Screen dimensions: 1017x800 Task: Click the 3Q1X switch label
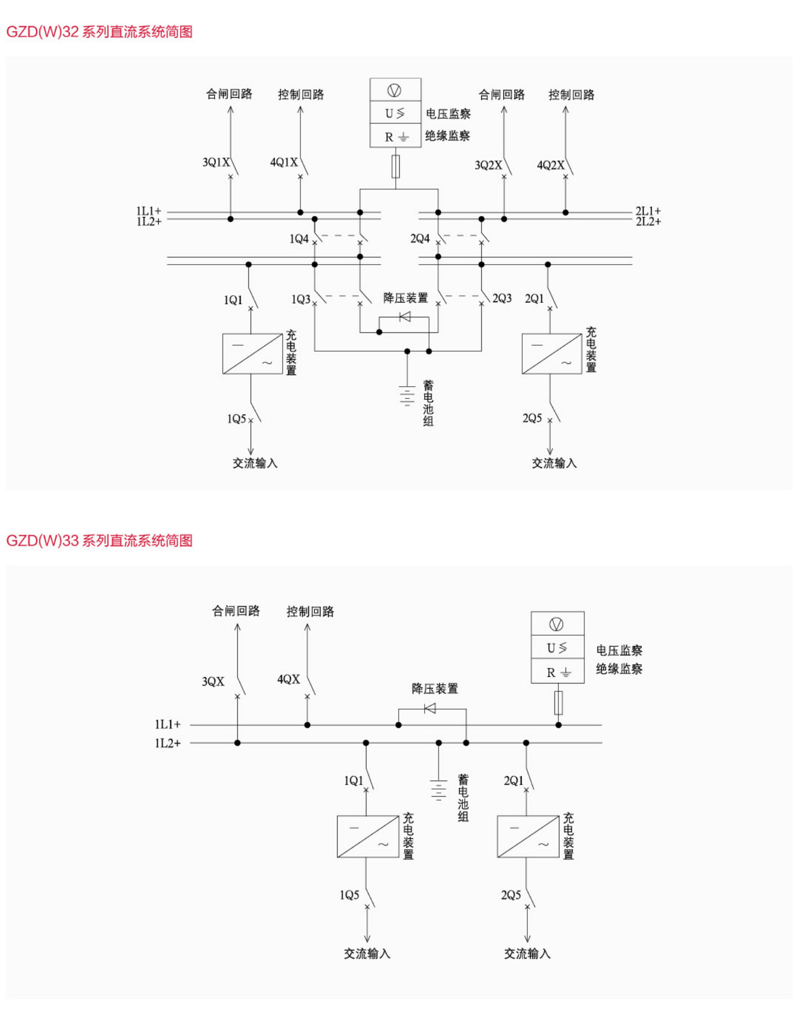[x=216, y=163]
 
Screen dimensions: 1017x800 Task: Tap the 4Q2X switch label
[x=550, y=165]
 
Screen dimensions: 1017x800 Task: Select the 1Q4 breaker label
[x=299, y=239]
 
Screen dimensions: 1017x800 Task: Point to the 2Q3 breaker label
[x=502, y=298]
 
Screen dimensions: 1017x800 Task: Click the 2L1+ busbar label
[x=648, y=211]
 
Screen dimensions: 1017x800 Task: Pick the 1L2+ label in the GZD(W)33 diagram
[x=167, y=743]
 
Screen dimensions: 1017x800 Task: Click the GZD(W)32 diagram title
[x=99, y=32]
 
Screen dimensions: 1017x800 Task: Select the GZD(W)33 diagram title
[x=99, y=540]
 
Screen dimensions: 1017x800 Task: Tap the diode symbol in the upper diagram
[x=405, y=317]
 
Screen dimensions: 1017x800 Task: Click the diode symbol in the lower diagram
[x=430, y=709]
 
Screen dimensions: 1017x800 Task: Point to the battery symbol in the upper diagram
[x=407, y=396]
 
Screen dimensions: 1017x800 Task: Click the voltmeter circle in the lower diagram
[x=556, y=624]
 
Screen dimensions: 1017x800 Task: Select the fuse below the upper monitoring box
[x=395, y=166]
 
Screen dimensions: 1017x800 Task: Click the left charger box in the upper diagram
[x=252, y=353]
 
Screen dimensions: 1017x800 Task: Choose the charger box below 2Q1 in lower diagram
[x=528, y=836]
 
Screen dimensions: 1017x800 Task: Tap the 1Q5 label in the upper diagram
[x=236, y=419]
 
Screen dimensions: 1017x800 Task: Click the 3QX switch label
[x=213, y=681]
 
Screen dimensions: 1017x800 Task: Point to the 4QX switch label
[x=288, y=680]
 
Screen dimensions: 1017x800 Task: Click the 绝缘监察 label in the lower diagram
[x=619, y=669]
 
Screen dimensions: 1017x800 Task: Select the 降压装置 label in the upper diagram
[x=405, y=298]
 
